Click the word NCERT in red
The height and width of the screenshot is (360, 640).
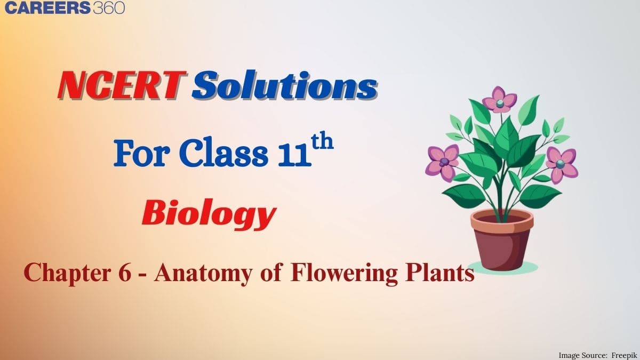pos(122,85)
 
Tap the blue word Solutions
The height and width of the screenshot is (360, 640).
pos(285,85)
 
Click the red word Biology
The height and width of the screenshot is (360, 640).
pos(209,214)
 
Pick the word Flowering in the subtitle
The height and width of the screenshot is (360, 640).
pos(343,274)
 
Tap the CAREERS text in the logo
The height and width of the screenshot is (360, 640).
pos(47,7)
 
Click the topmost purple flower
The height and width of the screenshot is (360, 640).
pos(499,100)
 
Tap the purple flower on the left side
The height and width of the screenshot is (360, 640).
pos(443,163)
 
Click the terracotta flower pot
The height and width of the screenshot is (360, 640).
pos(502,240)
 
